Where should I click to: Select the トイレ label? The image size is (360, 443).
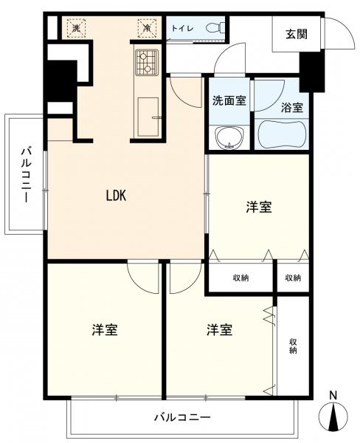coord(181,28)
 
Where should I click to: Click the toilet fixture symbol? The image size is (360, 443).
coord(213,28)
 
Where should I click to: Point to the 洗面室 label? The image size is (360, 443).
coord(229,101)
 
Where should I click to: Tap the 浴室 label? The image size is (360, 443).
coord(291,106)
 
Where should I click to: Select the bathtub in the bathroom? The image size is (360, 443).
coord(282,134)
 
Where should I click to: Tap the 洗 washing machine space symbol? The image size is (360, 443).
coord(75,28)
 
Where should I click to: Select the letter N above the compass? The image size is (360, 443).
coord(333,395)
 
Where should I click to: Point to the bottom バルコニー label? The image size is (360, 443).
coord(181,417)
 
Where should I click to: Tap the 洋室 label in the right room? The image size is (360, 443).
coord(258,208)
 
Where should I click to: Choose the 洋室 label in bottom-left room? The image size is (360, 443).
coord(105,329)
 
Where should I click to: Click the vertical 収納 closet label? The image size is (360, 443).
coord(293,346)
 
